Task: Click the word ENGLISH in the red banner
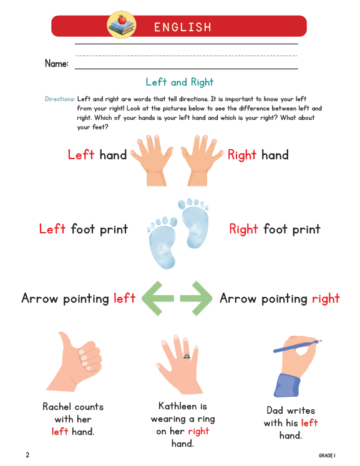point(183,27)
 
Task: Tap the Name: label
point(57,64)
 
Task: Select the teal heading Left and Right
point(180,82)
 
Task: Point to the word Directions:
point(60,99)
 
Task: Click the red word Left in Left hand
point(81,155)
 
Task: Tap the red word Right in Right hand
point(242,155)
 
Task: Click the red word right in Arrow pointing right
point(326,298)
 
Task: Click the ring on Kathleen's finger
point(186,356)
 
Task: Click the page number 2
point(27,455)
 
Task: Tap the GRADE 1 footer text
point(327,456)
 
